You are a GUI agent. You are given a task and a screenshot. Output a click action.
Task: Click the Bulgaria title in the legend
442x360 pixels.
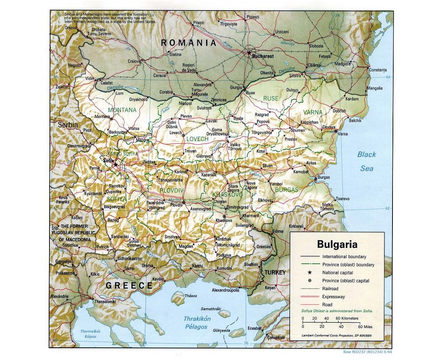pyautogui.click(x=337, y=245)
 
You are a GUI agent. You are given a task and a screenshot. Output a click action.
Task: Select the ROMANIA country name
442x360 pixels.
pyautogui.click(x=188, y=43)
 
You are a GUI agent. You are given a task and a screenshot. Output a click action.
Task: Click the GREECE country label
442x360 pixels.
pyautogui.click(x=129, y=286)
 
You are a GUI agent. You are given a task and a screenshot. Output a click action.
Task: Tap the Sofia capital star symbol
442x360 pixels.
pyautogui.click(x=116, y=164)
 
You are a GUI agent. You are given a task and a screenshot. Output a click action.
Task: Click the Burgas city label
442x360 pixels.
pyautogui.click(x=324, y=178)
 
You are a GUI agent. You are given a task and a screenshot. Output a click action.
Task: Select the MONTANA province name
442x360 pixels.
pyautogui.click(x=122, y=110)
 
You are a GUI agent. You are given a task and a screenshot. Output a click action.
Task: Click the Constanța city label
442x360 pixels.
pyautogui.click(x=377, y=70)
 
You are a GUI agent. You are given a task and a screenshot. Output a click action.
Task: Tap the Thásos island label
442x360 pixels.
pyautogui.click(x=191, y=296)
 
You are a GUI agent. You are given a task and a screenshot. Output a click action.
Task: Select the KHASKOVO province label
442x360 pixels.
pyautogui.click(x=227, y=195)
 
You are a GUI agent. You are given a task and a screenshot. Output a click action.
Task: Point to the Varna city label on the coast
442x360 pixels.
pyautogui.click(x=343, y=134)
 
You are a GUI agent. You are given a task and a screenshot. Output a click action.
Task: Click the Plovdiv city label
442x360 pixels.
pyautogui.click(x=176, y=205)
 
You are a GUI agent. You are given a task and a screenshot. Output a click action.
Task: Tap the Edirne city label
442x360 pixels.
pyautogui.click(x=278, y=231)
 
